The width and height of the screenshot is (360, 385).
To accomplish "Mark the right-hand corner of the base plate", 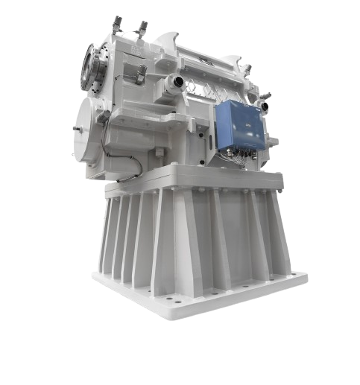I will pos(301,278).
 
